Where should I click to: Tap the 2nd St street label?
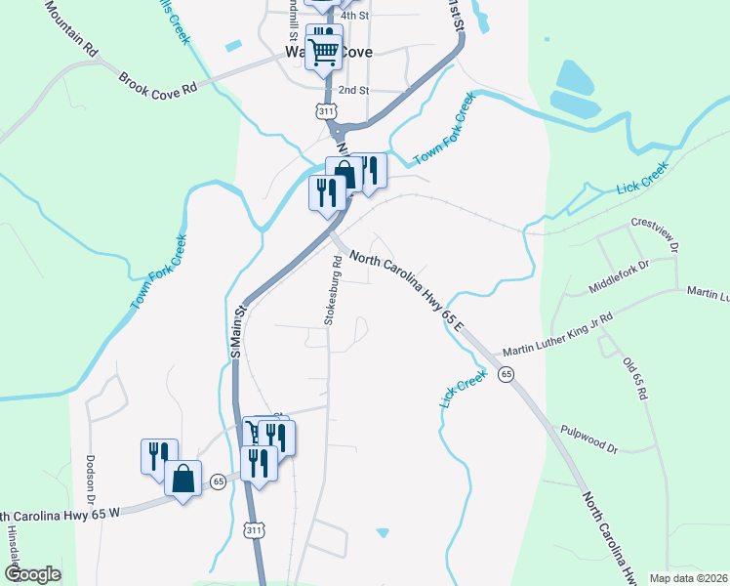pyautogui.click(x=352, y=90)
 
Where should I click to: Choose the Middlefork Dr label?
pyautogui.click(x=619, y=276)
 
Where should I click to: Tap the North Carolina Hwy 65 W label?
pyautogui.click(x=59, y=514)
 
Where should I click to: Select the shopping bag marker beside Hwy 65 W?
pyautogui.click(x=182, y=479)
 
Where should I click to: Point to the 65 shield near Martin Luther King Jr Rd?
pyautogui.click(x=506, y=374)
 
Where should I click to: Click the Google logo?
pyautogui.click(x=32, y=574)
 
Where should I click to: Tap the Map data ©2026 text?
pyautogui.click(x=688, y=578)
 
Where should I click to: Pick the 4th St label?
pyautogui.click(x=355, y=16)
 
